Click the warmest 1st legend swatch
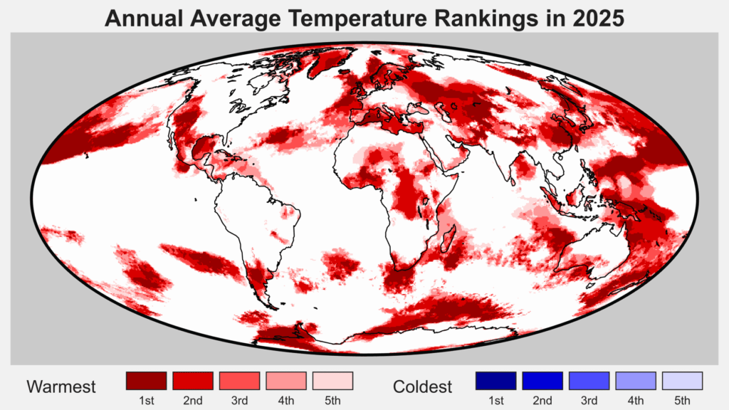pos(146,380)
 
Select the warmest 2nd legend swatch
pos(193,380)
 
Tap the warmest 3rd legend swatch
pos(239,380)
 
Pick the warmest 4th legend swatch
pos(286,380)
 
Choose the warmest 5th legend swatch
pos(332,380)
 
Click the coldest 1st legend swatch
pos(495,380)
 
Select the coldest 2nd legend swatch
pos(542,380)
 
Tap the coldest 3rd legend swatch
pos(589,380)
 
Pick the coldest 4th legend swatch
pos(636,380)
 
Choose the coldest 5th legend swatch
pos(682,380)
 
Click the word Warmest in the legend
pos(61,387)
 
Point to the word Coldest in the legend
pos(422,387)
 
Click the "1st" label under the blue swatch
pos(495,401)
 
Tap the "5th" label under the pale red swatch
pos(332,401)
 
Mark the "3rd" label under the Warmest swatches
pos(239,401)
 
